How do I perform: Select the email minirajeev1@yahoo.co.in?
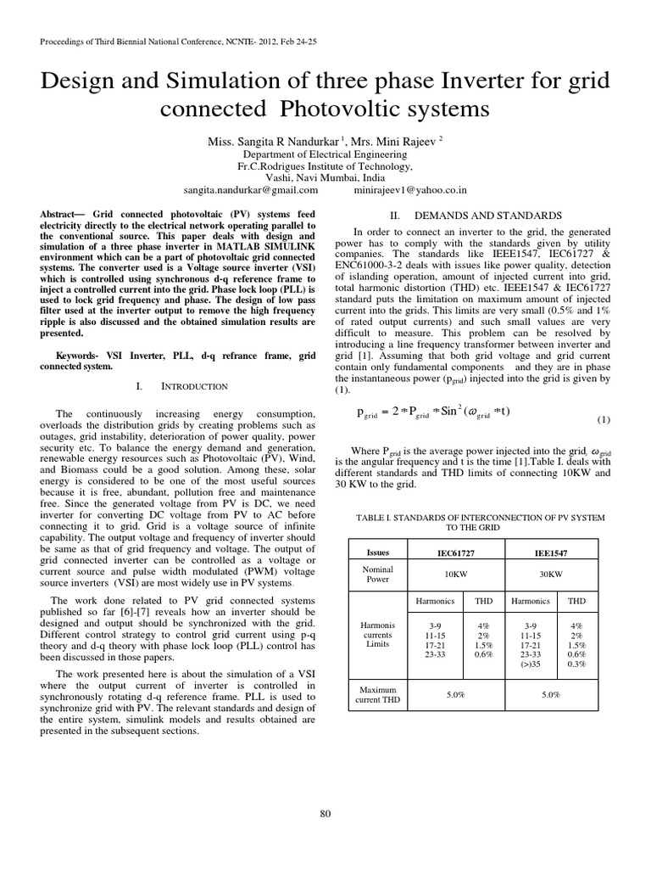coord(410,191)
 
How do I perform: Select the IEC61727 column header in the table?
coord(452,552)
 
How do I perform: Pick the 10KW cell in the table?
coord(452,574)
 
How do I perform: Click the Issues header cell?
coord(378,552)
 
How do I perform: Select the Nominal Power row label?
coord(378,574)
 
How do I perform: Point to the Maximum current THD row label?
coord(378,695)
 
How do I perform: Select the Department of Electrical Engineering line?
coord(325,155)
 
